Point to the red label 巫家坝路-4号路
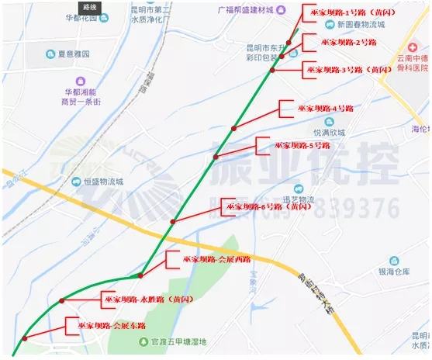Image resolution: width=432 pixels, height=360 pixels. [326, 109]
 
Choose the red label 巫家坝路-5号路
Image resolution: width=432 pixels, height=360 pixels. [302, 145]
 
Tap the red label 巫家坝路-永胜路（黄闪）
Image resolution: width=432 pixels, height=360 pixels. [148, 298]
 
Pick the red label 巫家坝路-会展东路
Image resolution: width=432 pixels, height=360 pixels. [112, 326]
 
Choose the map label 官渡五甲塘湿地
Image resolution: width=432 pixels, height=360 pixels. [179, 341]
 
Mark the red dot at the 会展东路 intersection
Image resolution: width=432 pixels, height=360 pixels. [26, 337]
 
